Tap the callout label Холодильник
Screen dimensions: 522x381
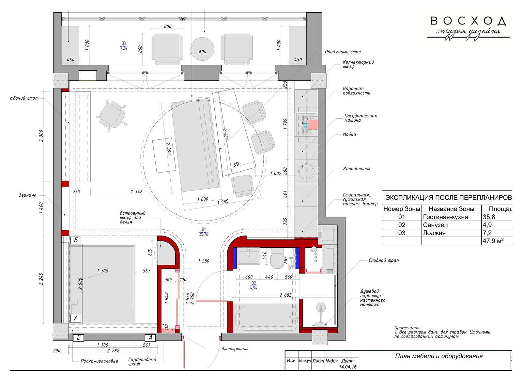pos(357,169)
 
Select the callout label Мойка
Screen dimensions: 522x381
pos(349,135)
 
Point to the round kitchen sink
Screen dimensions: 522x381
pos(306,171)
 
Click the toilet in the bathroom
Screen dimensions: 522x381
pos(277,258)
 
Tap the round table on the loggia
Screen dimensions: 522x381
pos(202,49)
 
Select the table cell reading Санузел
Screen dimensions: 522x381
pos(435,225)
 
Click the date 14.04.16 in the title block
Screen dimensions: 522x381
pos(347,367)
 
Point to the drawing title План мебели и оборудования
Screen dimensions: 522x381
pos(439,356)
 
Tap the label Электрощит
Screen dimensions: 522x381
pos(235,349)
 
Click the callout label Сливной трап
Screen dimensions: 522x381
pos(383,260)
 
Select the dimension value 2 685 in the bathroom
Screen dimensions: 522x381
pos(285,295)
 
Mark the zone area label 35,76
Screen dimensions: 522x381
pos(204,234)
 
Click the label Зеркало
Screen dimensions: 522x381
pos(27,195)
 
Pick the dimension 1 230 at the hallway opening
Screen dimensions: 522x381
pos(204,261)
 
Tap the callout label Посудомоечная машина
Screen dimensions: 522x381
pos(361,118)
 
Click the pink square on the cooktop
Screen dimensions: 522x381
pos(313,124)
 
